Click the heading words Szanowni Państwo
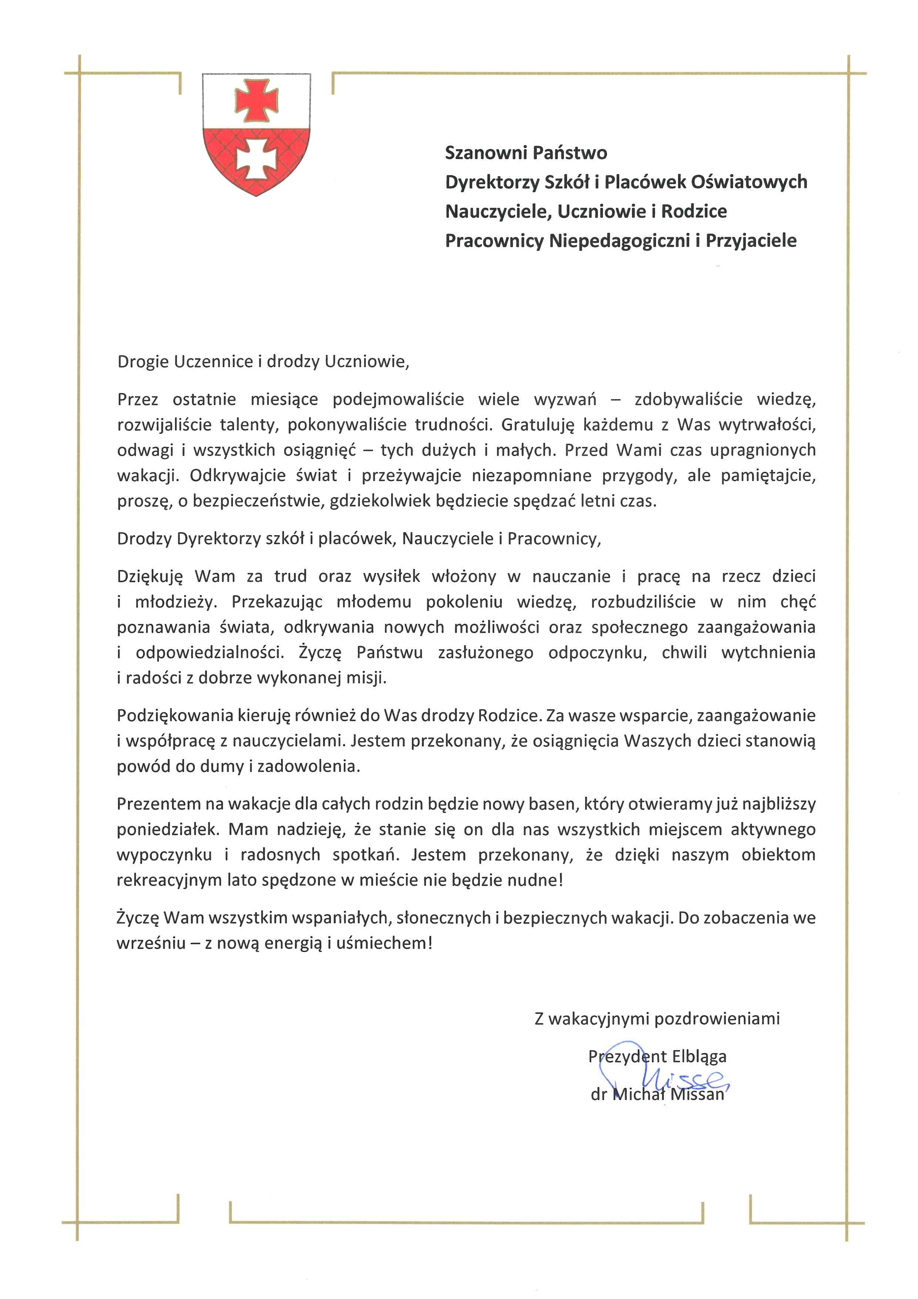[x=526, y=153]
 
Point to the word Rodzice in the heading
[x=694, y=211]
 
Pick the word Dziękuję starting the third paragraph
[x=150, y=576]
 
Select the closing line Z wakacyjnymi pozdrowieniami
[x=657, y=1019]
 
